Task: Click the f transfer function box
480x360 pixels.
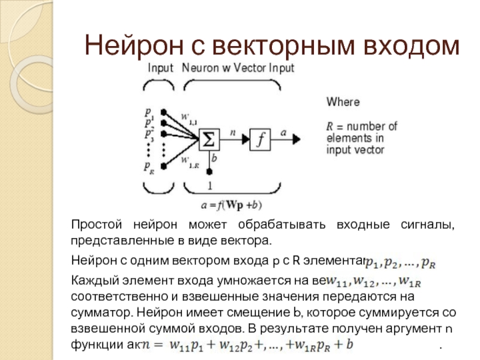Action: pos(261,139)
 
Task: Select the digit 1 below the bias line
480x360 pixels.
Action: pos(209,184)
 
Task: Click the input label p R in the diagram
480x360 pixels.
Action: pos(148,166)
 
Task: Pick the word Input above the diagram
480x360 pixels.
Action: pos(161,68)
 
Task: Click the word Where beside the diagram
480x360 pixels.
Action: pos(343,102)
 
